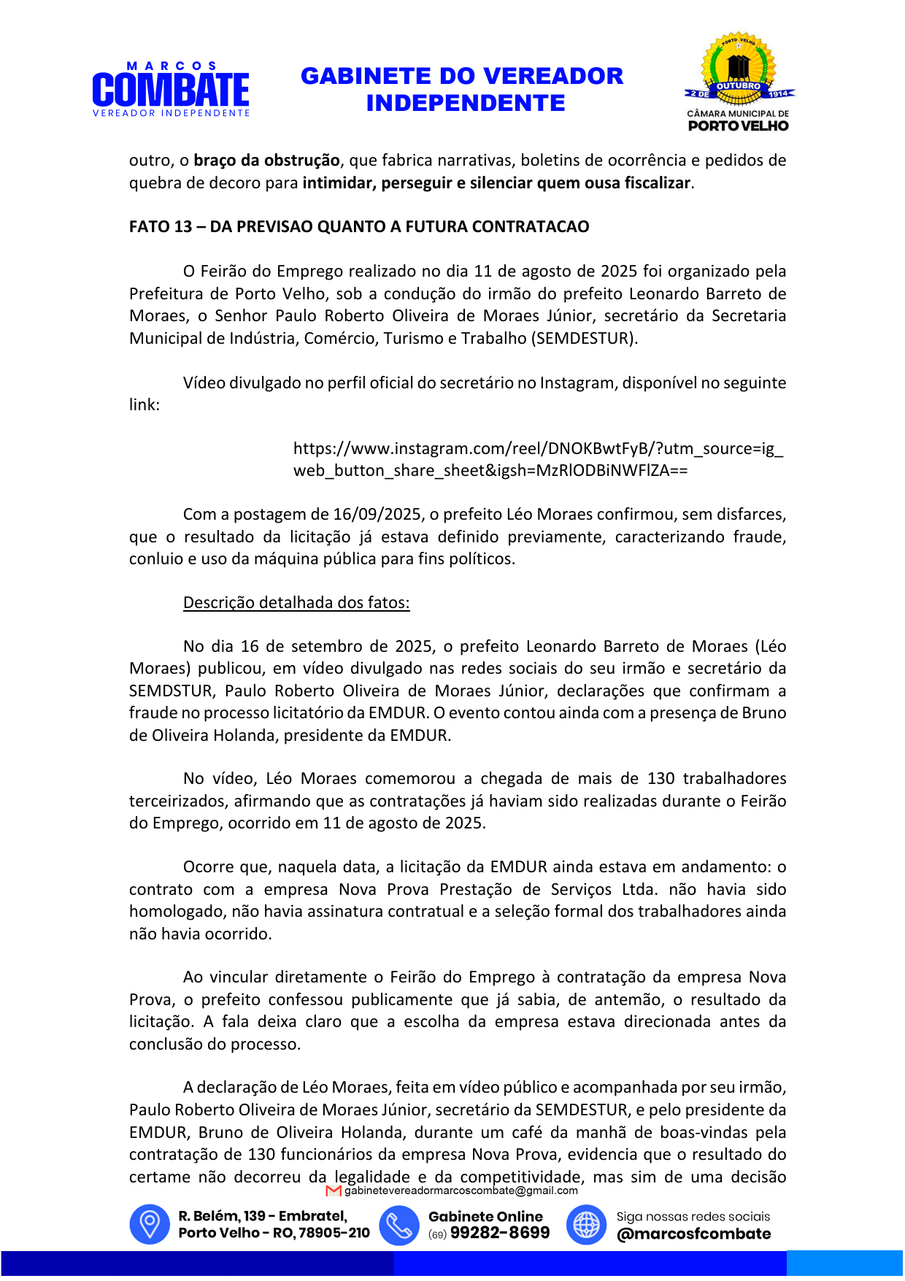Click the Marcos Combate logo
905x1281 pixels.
coord(171,90)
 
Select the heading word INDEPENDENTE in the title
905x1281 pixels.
coord(465,104)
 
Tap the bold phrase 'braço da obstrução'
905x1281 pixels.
coord(266,161)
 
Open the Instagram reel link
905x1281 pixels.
coord(538,459)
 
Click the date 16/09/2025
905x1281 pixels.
coord(377,515)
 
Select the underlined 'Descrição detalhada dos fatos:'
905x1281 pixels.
coord(296,603)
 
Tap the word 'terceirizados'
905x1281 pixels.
coord(177,801)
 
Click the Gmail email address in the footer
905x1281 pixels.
coord(461,1190)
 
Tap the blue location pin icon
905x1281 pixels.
coord(150,1224)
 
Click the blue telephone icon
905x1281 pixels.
coord(398,1224)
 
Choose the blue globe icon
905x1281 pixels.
coord(586,1224)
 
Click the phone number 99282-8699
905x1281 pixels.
coord(500,1233)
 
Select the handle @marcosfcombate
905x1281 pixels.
coord(693,1234)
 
